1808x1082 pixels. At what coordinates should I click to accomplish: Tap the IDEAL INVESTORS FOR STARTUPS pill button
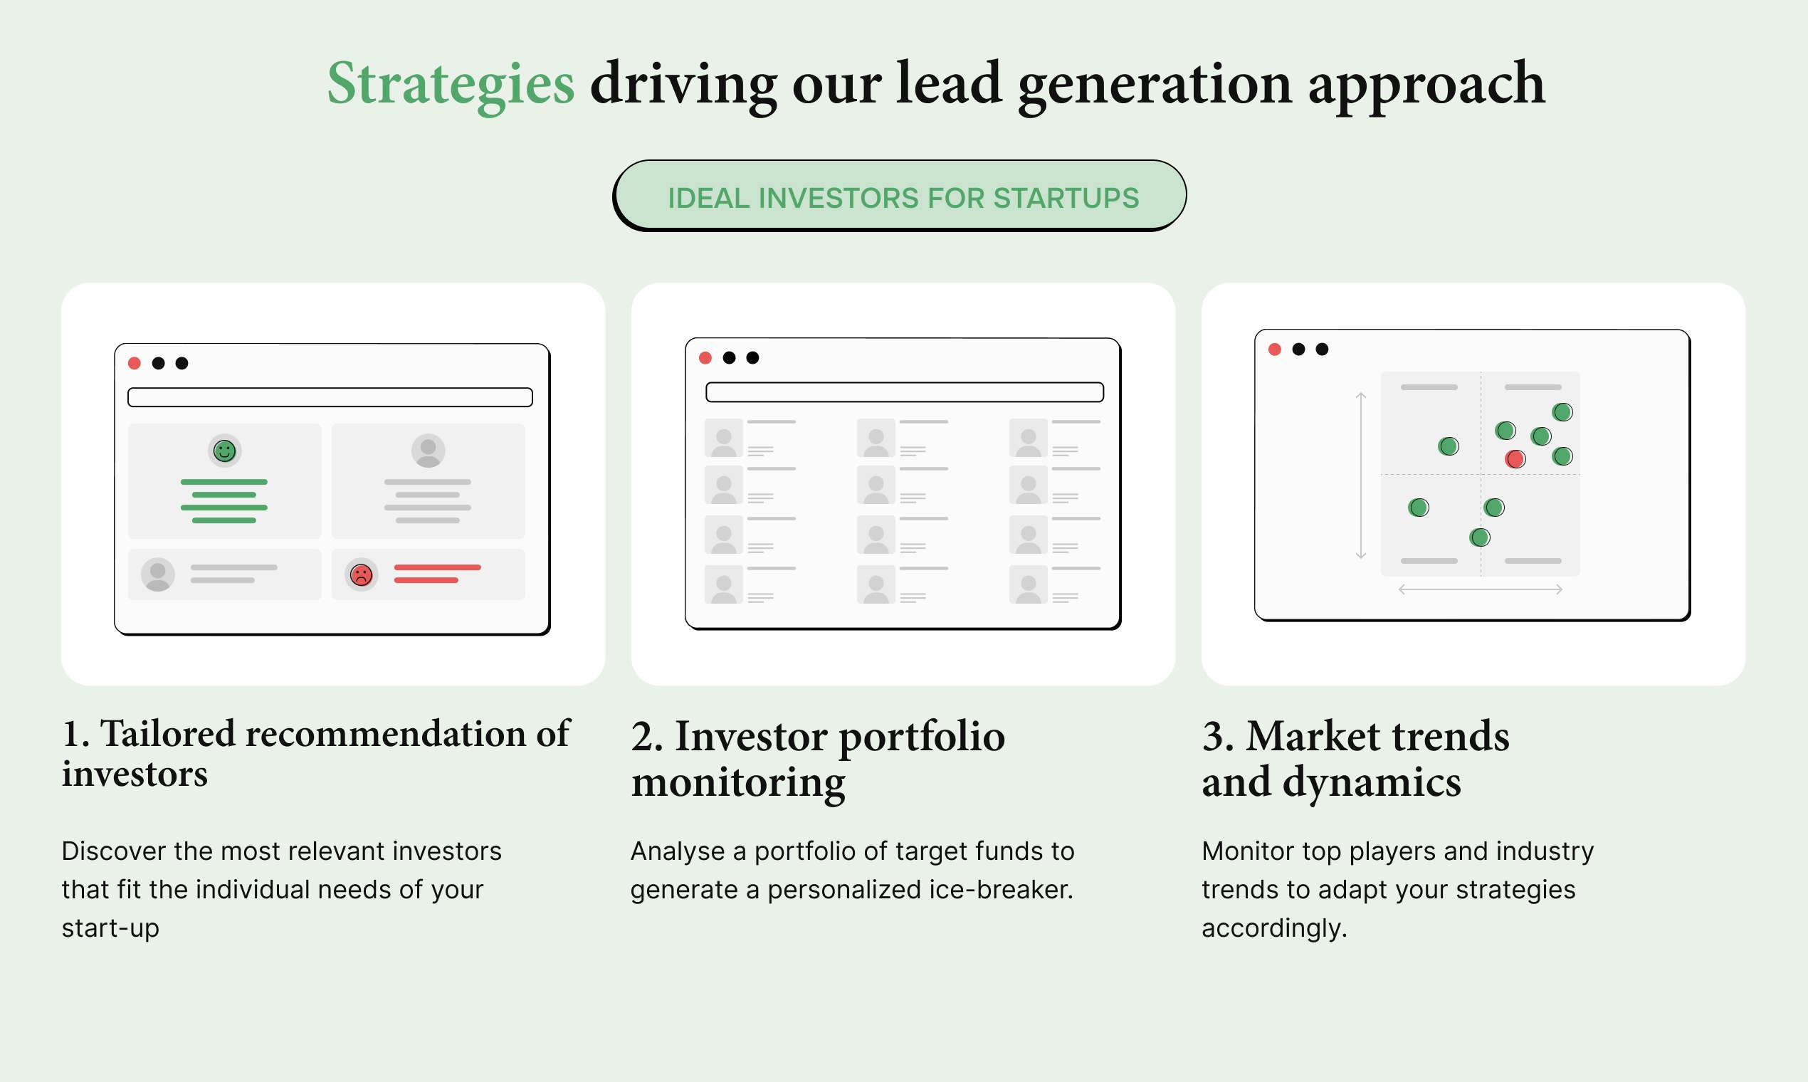coord(900,196)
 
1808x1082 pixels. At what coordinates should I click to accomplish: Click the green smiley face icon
coord(224,451)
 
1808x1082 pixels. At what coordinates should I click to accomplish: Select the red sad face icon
coord(362,574)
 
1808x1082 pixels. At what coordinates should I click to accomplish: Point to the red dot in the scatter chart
coord(1515,458)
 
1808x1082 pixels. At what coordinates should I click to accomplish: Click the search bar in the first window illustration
coord(330,397)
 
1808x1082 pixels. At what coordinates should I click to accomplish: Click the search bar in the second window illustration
coord(905,392)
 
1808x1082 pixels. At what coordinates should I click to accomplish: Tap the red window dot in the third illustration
coord(1275,350)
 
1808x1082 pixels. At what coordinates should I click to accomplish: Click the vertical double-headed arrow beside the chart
coord(1360,476)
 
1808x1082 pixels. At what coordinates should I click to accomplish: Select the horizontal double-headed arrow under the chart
coord(1480,589)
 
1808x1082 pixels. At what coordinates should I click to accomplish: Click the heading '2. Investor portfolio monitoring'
coord(818,759)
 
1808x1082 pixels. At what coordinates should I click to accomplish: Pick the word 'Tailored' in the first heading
coord(168,733)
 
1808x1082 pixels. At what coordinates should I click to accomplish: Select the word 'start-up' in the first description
coord(110,929)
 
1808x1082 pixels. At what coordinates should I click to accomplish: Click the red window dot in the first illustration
coord(134,363)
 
